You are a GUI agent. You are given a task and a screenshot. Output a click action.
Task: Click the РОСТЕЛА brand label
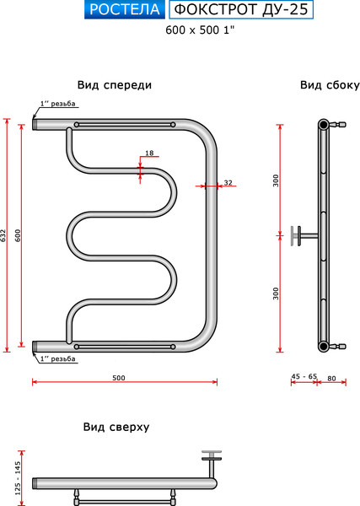(125, 10)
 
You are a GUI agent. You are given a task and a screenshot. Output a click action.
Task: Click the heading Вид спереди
(115, 85)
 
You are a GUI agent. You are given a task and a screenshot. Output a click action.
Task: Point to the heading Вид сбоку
(330, 85)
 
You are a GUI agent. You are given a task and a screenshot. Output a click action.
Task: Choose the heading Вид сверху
(116, 427)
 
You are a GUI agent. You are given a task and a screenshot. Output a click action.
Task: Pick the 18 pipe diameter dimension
(149, 153)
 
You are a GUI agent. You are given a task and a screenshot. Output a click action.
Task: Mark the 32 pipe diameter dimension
(228, 182)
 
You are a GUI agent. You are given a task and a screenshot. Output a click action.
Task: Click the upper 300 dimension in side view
(275, 180)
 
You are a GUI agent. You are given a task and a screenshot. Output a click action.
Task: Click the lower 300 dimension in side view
(275, 293)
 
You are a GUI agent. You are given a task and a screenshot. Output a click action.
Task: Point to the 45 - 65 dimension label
(303, 377)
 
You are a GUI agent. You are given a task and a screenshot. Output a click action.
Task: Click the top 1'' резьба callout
(57, 105)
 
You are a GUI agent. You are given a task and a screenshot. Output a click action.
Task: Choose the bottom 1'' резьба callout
(57, 359)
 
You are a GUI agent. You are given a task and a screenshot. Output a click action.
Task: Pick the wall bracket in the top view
(211, 462)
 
